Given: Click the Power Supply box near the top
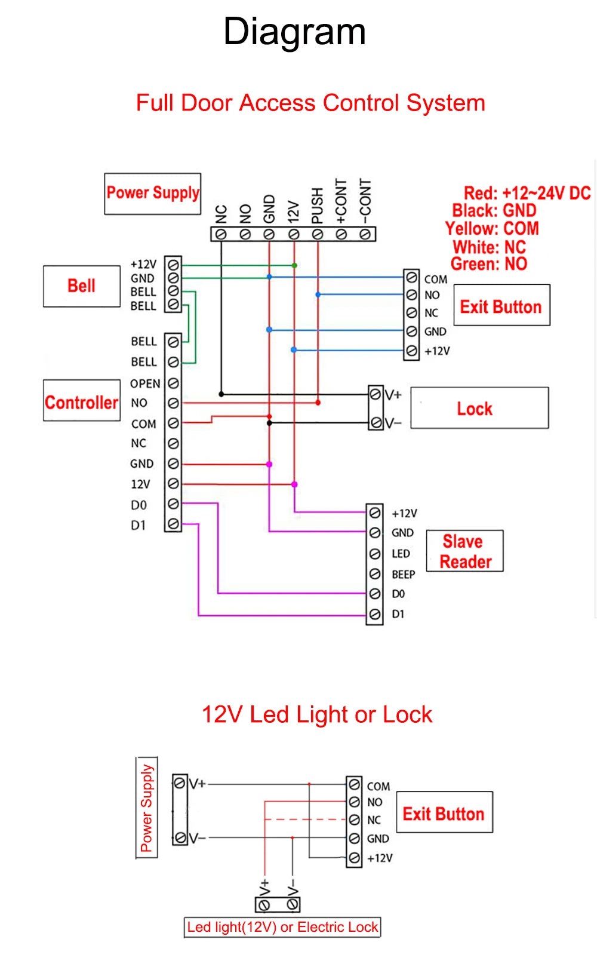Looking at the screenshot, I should pyautogui.click(x=153, y=194).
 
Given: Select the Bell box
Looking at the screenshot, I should pyautogui.click(x=82, y=286).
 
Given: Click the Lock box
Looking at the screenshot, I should pyautogui.click(x=479, y=409).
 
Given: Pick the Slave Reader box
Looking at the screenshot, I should pyautogui.click(x=465, y=551).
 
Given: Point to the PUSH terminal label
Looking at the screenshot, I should pyautogui.click(x=318, y=205).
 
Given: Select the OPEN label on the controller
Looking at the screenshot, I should pyautogui.click(x=145, y=383).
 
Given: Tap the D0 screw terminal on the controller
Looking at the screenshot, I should pyautogui.click(x=173, y=504).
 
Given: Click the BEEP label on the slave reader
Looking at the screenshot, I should pyautogui.click(x=403, y=574).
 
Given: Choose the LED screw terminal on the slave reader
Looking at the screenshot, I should pyautogui.click(x=375, y=554).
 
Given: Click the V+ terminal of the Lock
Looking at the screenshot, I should pyautogui.click(x=376, y=394).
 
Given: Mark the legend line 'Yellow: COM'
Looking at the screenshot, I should pyautogui.click(x=491, y=229).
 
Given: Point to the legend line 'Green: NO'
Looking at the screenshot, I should pyautogui.click(x=489, y=264).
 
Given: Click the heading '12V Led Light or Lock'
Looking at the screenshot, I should pyautogui.click(x=316, y=714).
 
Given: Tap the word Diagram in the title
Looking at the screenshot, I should pyautogui.click(x=294, y=32).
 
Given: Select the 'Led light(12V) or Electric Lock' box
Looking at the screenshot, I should pyautogui.click(x=282, y=927).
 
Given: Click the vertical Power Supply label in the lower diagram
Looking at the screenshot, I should pyautogui.click(x=147, y=808).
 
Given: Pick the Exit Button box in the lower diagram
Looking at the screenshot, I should pyautogui.click(x=444, y=814).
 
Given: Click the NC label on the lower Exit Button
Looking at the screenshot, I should pyautogui.click(x=374, y=820).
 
